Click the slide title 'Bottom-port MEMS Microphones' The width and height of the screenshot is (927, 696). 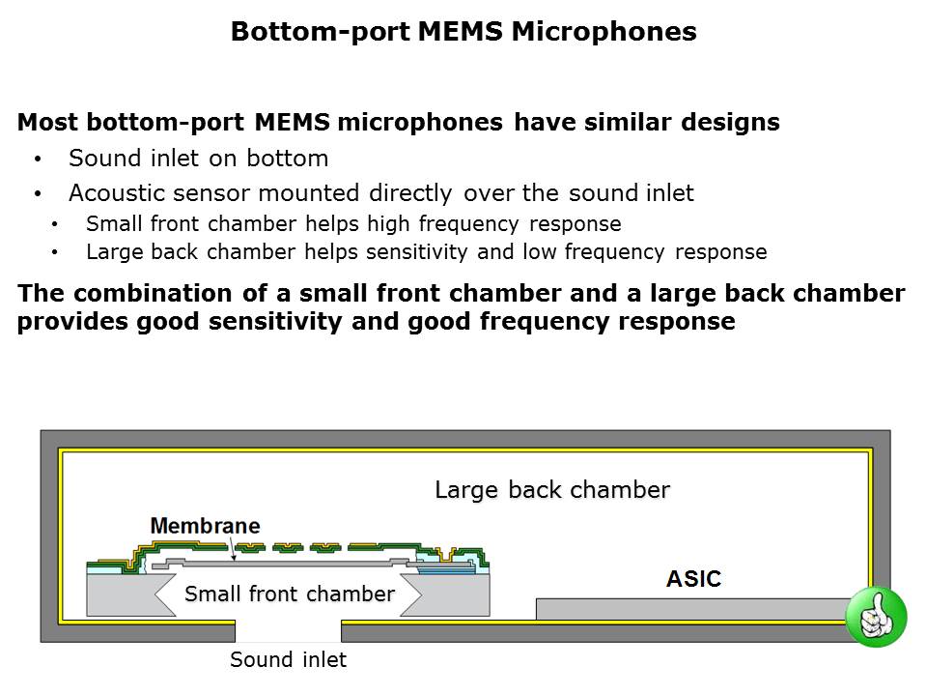pyautogui.click(x=463, y=32)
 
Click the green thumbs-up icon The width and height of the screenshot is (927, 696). pyautogui.click(x=876, y=617)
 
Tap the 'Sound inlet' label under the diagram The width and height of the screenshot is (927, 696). pyautogui.click(x=288, y=660)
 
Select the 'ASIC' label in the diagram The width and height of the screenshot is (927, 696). pyautogui.click(x=693, y=579)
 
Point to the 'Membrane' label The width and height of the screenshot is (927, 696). pyautogui.click(x=205, y=526)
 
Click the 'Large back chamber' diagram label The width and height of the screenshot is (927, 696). pyautogui.click(x=551, y=490)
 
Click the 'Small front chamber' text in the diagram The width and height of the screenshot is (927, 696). pyautogui.click(x=289, y=594)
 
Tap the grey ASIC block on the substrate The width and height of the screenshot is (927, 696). pyautogui.click(x=690, y=609)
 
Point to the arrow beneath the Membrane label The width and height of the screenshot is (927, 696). pyautogui.click(x=233, y=549)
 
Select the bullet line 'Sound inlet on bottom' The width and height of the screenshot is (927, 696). pyautogui.click(x=198, y=159)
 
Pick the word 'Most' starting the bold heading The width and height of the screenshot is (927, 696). pyautogui.click(x=44, y=123)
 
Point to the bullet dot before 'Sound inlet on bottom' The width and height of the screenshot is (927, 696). pyautogui.click(x=38, y=159)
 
